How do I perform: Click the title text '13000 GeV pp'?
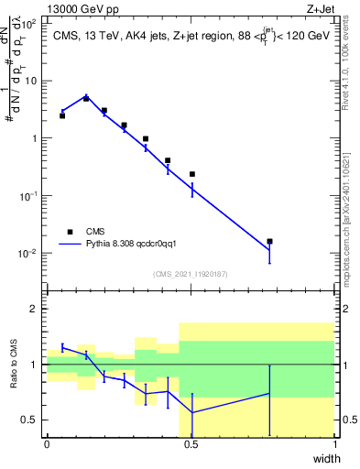tap(80, 9)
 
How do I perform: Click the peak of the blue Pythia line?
tap(86, 95)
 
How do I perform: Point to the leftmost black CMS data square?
tap(62, 115)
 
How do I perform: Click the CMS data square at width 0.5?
tap(192, 174)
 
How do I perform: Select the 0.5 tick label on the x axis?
tap(191, 443)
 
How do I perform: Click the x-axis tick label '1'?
tap(334, 443)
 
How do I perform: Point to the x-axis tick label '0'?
tap(47, 443)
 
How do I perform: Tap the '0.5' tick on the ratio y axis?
tap(29, 420)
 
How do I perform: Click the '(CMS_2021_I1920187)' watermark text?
tap(191, 273)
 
